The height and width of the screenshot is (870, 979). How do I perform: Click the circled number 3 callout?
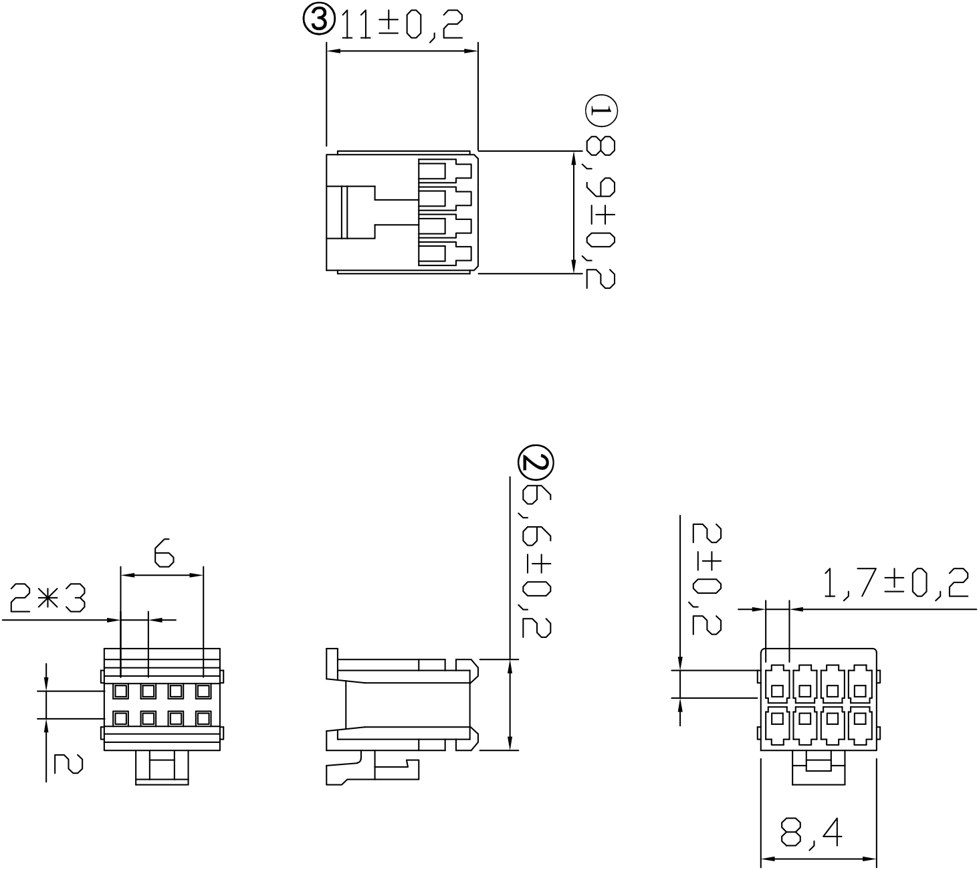click(x=319, y=21)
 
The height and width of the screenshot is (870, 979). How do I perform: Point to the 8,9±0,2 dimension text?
click(x=601, y=213)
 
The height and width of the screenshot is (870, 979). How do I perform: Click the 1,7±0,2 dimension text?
click(x=895, y=583)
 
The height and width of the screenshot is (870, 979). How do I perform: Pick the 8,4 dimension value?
click(x=810, y=833)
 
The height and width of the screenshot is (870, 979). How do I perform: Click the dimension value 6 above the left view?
click(x=163, y=554)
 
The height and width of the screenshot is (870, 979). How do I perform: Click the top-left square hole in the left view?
click(x=121, y=690)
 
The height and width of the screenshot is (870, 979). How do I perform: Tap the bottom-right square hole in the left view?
click(x=203, y=718)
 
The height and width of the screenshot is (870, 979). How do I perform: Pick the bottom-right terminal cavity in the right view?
click(x=860, y=724)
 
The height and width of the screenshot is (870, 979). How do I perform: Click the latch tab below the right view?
click(x=819, y=767)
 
